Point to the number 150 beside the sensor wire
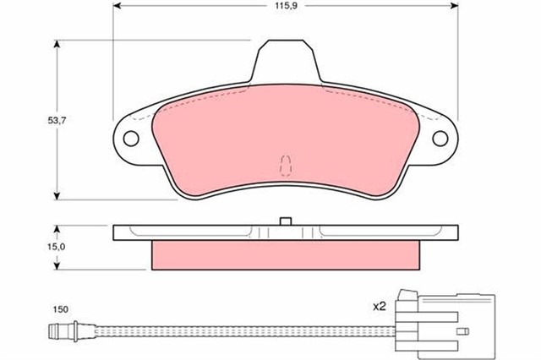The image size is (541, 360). (59, 309)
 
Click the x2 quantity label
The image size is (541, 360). (380, 307)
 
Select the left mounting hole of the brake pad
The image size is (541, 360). (132, 137)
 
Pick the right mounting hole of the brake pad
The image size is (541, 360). (440, 138)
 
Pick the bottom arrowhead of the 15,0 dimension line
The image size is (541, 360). (57, 268)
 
